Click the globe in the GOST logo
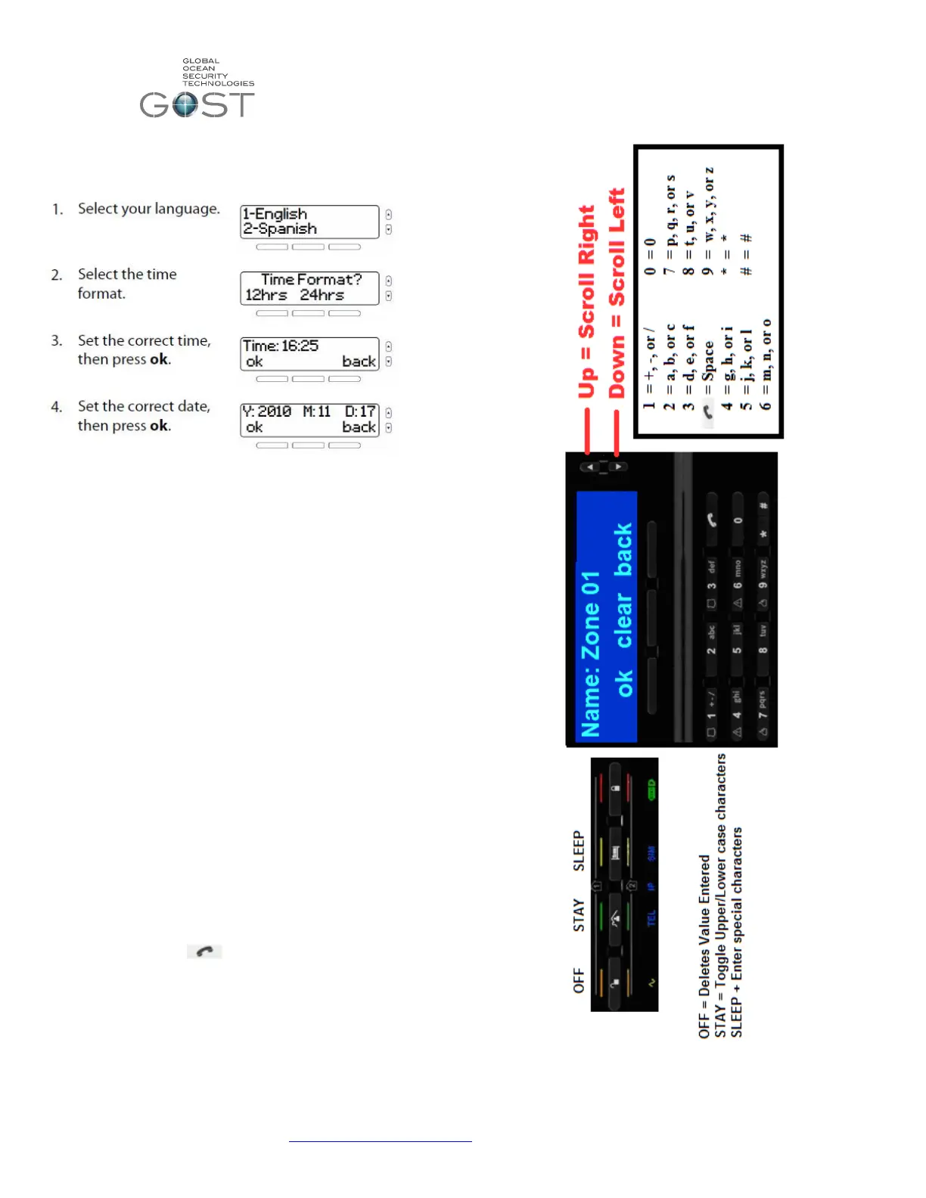click(185, 104)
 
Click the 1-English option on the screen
click(275, 214)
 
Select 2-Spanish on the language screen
click(280, 228)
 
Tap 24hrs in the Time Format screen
click(322, 295)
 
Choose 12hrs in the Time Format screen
click(266, 295)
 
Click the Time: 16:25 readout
click(281, 346)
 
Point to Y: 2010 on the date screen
click(267, 411)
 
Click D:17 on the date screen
click(360, 411)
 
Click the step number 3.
click(56, 341)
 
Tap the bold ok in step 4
click(159, 426)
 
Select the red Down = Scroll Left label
click(617, 293)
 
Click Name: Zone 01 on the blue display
click(591, 654)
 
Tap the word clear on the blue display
click(624, 621)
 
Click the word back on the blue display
click(624, 549)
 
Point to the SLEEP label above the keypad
click(579, 851)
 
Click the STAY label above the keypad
click(579, 915)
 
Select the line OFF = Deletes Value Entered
click(704, 946)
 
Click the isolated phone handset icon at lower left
click(204, 951)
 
